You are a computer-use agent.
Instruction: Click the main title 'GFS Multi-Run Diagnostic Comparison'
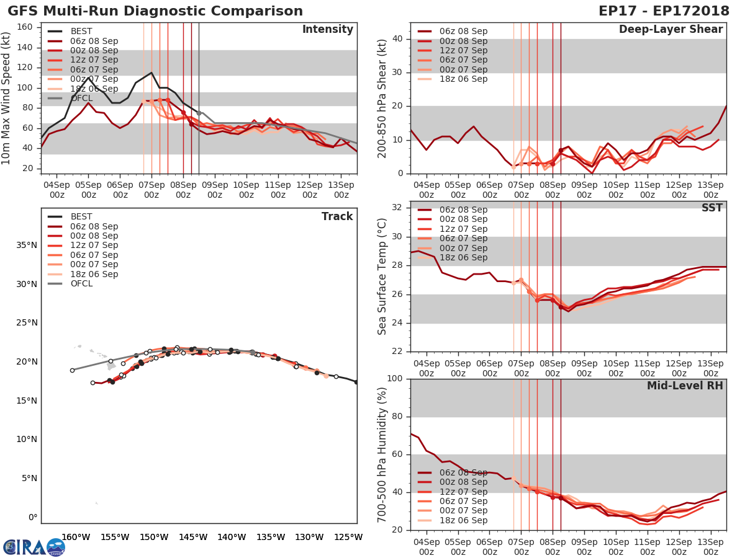[x=155, y=11]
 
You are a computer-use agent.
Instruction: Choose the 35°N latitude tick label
[x=25, y=246]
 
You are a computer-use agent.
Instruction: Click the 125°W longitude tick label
[x=348, y=537]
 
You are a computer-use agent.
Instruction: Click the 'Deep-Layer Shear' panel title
[x=670, y=30]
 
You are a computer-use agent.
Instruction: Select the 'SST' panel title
[x=711, y=208]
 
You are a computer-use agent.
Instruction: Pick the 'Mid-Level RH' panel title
[x=685, y=386]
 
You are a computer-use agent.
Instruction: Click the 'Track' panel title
[x=337, y=216]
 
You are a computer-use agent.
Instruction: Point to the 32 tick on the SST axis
[x=397, y=208]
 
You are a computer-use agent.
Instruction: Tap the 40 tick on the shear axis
[x=397, y=39]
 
